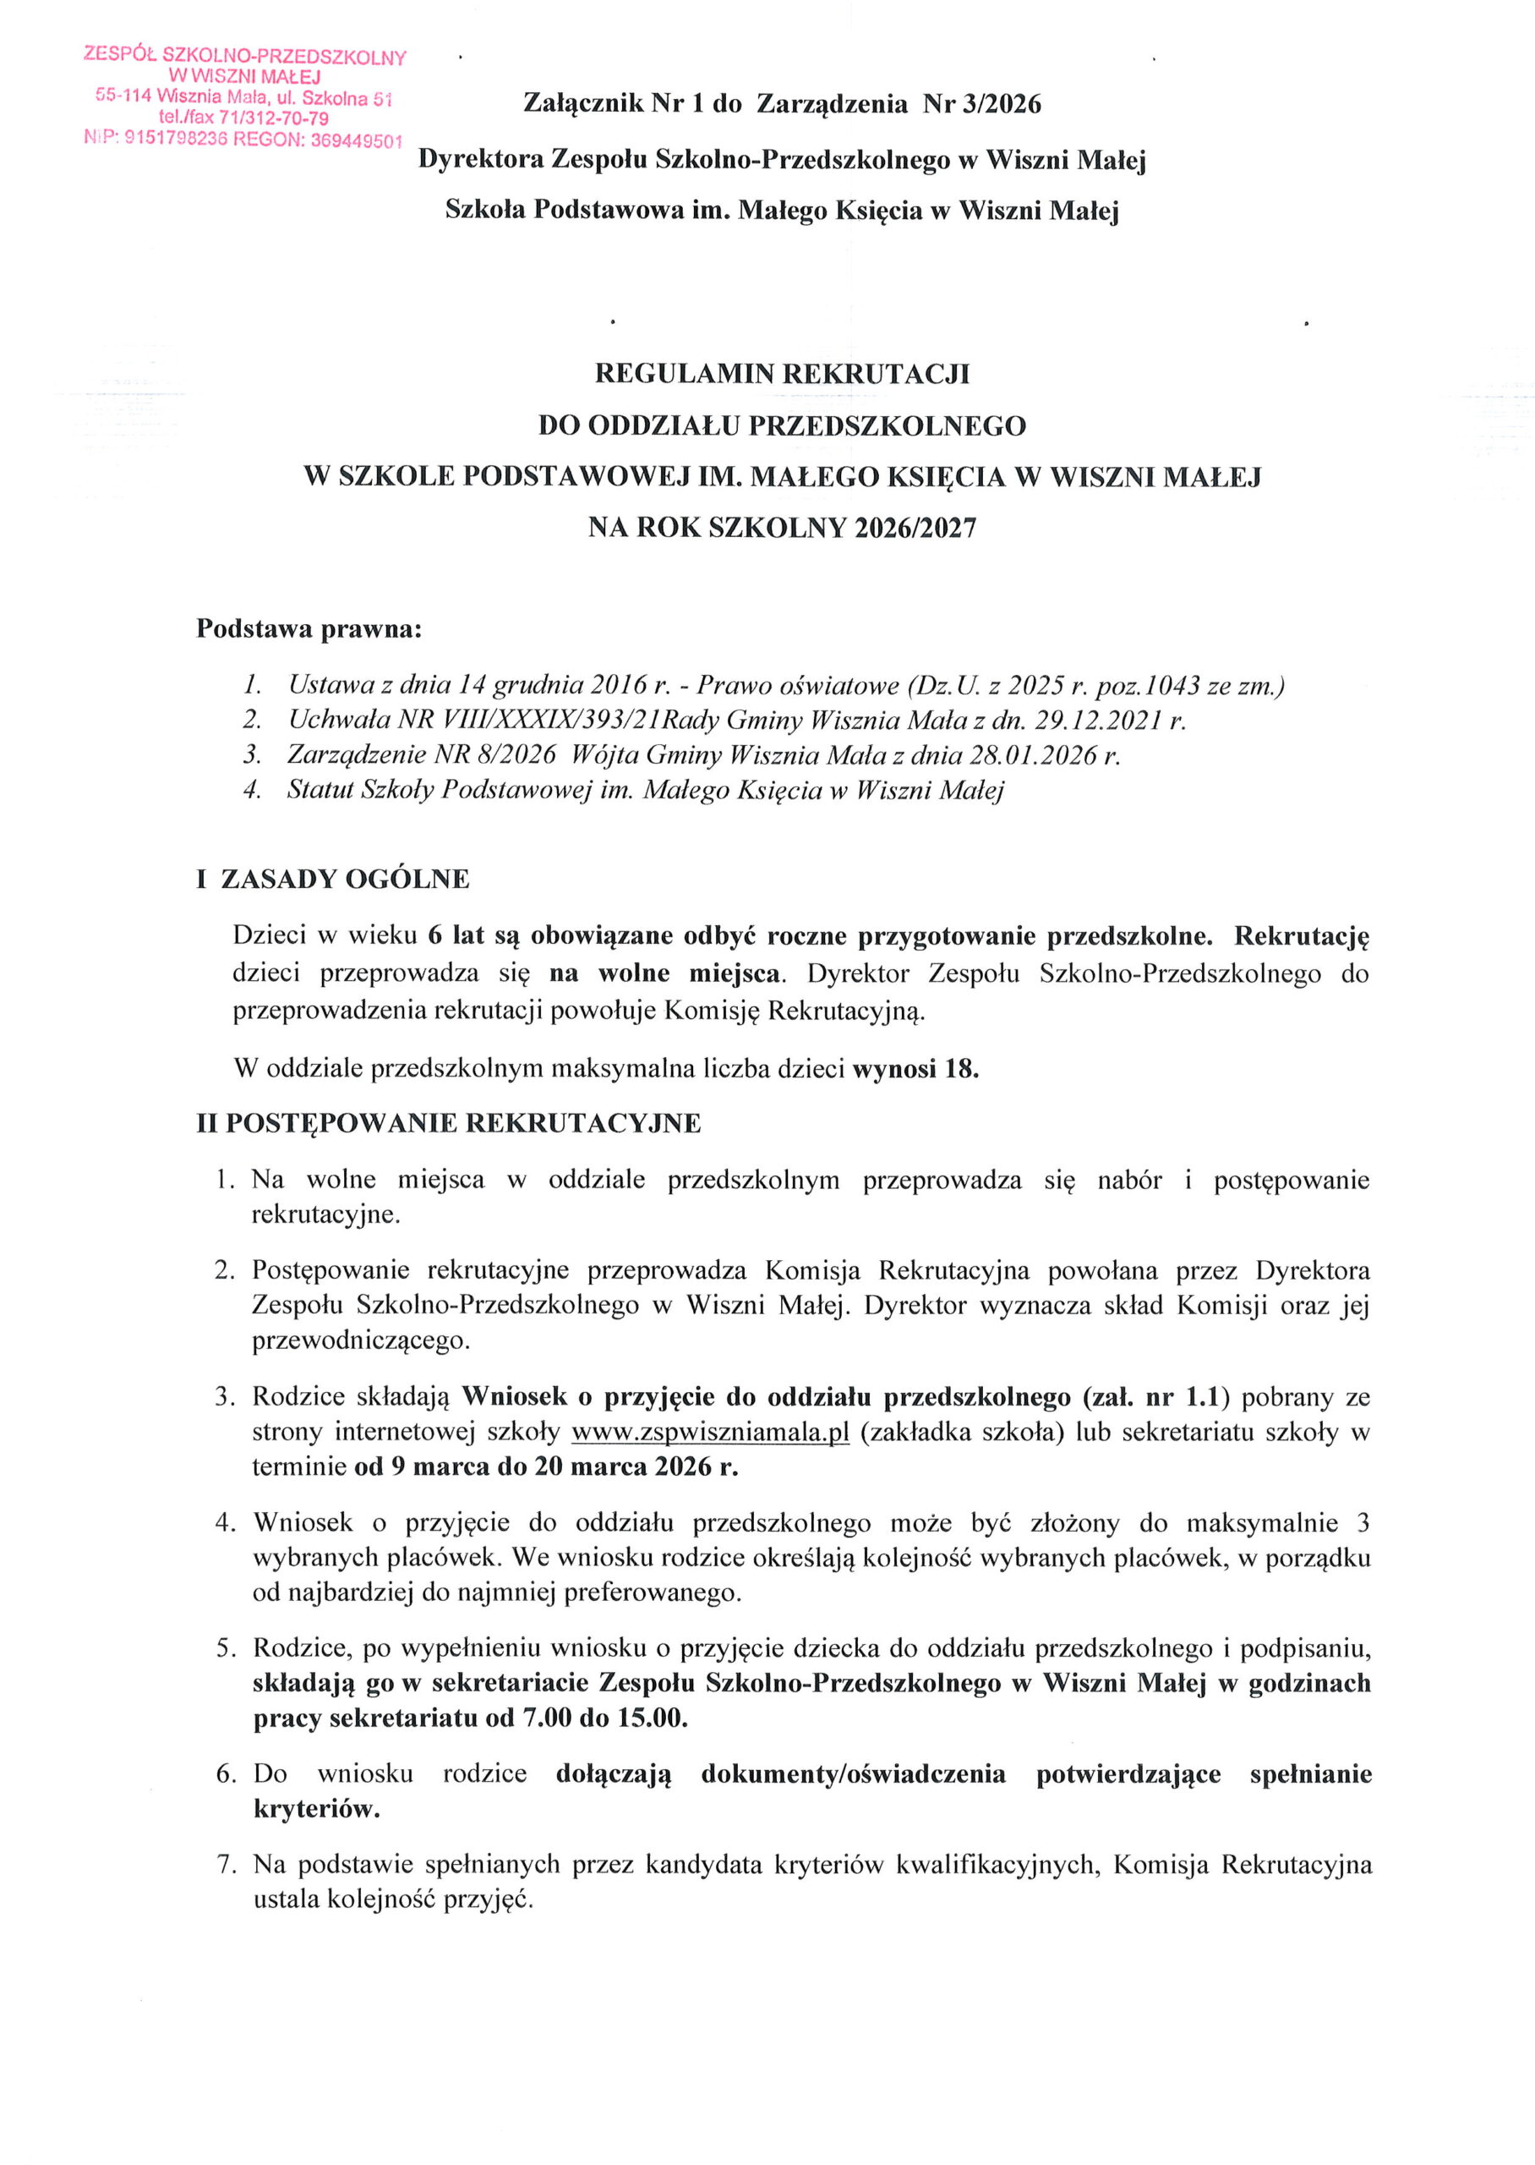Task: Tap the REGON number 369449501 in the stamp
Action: pos(358,141)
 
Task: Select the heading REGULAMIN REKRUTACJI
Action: pos(782,375)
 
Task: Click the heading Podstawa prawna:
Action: pos(309,628)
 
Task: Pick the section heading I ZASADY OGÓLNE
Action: pos(333,880)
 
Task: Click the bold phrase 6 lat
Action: pos(456,936)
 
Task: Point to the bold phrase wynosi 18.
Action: pos(915,1069)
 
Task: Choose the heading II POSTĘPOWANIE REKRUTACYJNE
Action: pos(449,1123)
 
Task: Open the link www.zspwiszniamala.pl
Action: pos(711,1433)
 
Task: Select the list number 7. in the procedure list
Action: pos(226,1865)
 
